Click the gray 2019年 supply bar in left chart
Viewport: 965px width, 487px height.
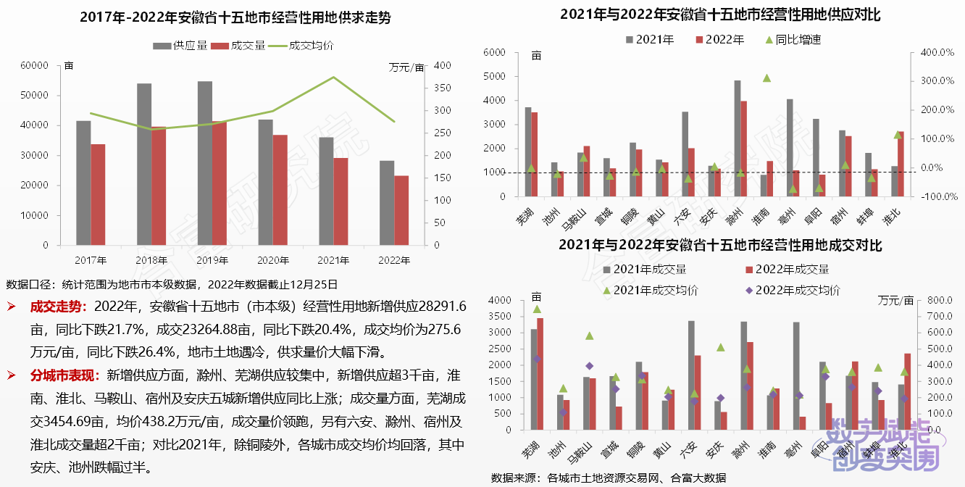(205, 163)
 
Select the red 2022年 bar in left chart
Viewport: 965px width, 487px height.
(401, 210)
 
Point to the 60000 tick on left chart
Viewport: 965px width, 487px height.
(35, 65)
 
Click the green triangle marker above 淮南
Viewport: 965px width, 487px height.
(766, 78)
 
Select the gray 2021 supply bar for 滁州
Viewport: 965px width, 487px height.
(738, 138)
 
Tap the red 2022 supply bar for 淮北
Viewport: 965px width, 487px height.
(901, 164)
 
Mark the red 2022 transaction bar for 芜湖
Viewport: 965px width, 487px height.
(540, 373)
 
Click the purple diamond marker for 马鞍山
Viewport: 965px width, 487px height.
(589, 366)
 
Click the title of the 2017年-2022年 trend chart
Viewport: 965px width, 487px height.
(235, 17)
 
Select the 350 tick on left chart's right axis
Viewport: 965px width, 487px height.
(442, 88)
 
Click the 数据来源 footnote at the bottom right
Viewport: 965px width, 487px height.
(608, 478)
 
